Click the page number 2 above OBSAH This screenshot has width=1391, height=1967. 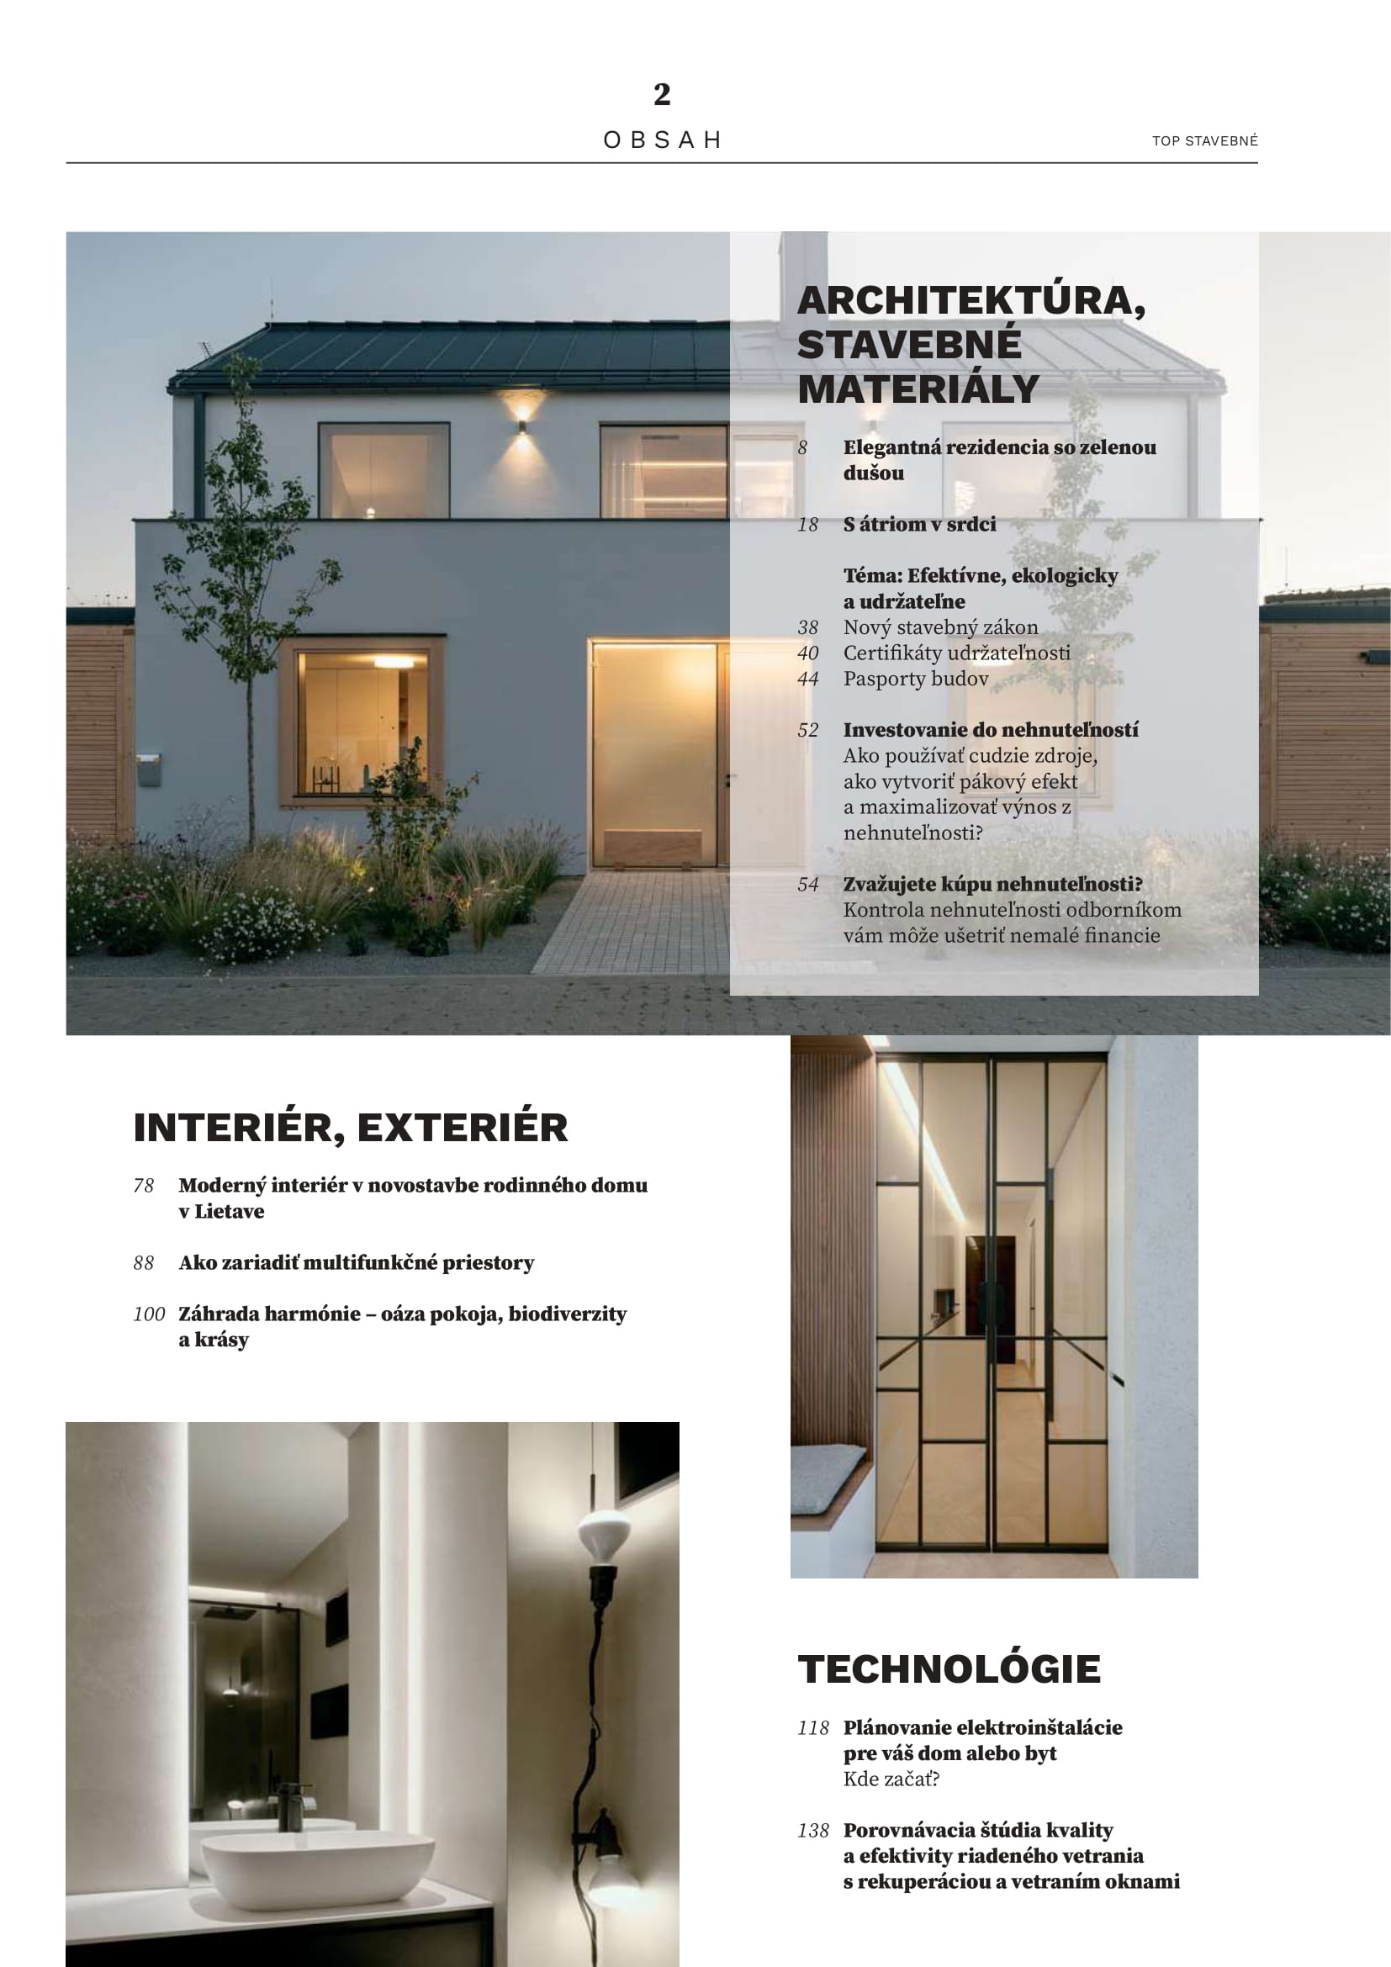(661, 94)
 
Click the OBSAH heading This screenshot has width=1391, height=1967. (662, 140)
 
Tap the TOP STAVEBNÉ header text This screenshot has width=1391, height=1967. (1204, 140)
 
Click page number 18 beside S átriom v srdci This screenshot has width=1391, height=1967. (807, 524)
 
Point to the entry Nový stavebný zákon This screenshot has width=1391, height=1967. (939, 627)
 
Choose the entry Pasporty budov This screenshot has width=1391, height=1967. (916, 679)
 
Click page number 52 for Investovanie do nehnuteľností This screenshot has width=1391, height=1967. (807, 730)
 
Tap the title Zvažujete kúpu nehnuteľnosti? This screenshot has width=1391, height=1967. (992, 884)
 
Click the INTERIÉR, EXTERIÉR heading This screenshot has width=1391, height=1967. (351, 1128)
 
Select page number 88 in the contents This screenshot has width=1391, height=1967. (144, 1263)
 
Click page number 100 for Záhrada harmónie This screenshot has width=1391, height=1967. (148, 1314)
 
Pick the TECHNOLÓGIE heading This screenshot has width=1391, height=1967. (948, 1668)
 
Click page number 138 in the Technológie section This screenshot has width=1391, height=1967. (813, 1830)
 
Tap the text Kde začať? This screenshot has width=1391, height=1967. (891, 1779)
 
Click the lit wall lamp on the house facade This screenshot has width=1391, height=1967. (521, 424)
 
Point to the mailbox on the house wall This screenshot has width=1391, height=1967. (148, 769)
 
